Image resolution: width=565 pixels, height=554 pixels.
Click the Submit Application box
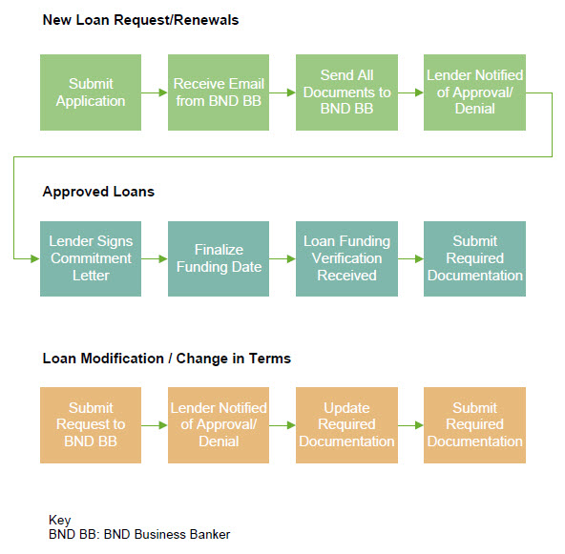point(91,92)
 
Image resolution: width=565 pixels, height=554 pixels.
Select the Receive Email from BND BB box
point(219,92)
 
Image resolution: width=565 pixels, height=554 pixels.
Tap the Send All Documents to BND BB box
point(346,92)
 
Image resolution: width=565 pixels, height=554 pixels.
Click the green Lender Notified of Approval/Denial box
point(474,92)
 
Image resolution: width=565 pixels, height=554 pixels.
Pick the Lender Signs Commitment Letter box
point(91,258)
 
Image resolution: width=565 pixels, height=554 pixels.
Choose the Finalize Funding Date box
point(219,258)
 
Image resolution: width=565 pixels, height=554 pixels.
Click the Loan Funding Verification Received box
point(346,258)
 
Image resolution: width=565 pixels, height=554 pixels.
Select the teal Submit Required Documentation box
point(474,258)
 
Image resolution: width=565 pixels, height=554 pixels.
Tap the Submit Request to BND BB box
point(91,425)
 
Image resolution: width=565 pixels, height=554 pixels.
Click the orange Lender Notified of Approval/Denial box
point(219,425)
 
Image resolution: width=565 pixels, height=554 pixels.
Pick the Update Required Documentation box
point(346,425)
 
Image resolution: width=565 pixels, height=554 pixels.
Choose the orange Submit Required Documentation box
point(474,425)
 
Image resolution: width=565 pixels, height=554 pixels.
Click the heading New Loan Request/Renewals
point(140,20)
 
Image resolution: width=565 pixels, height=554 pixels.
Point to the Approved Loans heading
point(98,192)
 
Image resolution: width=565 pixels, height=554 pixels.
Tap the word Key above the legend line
point(59,521)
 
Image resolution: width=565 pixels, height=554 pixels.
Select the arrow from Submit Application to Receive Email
point(155,92)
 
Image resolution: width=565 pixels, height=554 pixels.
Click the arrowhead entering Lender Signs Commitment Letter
point(35,258)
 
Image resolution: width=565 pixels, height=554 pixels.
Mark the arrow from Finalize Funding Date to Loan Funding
point(282,258)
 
